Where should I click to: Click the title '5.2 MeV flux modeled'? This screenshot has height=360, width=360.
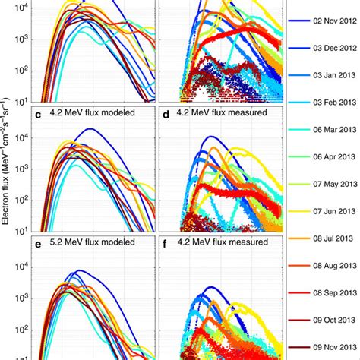click(92, 242)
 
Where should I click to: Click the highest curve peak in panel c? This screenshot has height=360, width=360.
click(92, 129)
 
